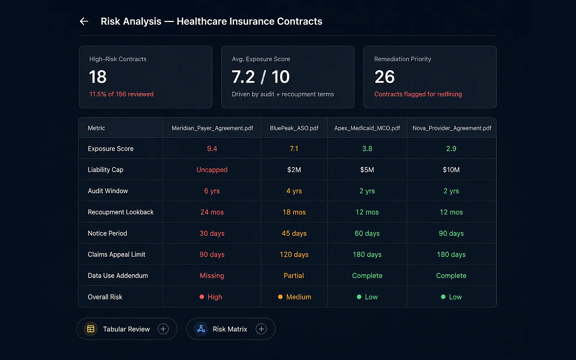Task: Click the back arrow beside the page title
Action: tap(84, 21)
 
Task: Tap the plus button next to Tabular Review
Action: tap(163, 329)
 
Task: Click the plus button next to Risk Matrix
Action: tap(261, 329)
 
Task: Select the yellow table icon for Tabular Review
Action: tap(91, 329)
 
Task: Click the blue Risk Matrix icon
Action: tap(201, 329)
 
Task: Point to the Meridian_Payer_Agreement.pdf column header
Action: tap(212, 128)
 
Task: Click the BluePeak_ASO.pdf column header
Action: tap(294, 128)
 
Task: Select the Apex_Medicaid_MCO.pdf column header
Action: tap(367, 128)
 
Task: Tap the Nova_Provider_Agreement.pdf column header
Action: tap(452, 128)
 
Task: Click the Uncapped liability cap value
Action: tap(212, 170)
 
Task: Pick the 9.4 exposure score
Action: tap(212, 149)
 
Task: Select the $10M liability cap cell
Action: tap(451, 170)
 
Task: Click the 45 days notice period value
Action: tap(294, 233)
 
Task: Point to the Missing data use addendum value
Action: tap(212, 276)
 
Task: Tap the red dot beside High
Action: tap(202, 297)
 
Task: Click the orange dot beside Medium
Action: tap(280, 297)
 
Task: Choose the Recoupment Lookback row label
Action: tap(121, 212)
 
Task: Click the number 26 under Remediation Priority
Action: tap(384, 77)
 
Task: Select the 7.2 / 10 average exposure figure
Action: tap(261, 77)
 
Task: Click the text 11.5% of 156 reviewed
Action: tap(121, 94)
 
